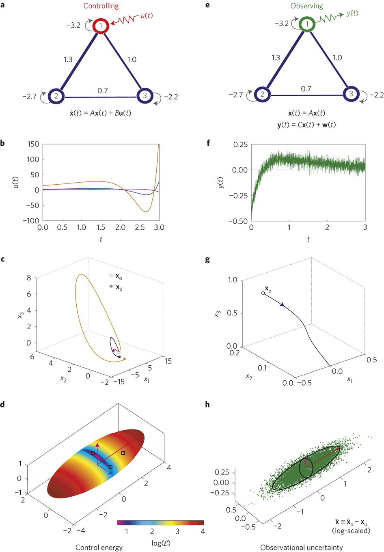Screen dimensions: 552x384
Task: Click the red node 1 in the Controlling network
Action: pos(100,26)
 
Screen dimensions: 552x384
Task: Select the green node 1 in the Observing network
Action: pos(307,24)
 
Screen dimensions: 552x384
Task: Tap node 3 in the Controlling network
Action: pos(145,96)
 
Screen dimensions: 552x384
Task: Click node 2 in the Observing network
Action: pos(262,94)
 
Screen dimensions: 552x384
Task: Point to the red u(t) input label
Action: pos(147,16)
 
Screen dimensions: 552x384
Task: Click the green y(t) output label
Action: pos(352,13)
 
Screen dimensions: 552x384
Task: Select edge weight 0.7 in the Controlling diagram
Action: pos(103,91)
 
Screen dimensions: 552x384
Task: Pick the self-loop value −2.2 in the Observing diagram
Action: pos(376,95)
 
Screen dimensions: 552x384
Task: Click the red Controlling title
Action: pos(101,6)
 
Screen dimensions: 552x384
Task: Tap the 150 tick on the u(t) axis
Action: pos(33,144)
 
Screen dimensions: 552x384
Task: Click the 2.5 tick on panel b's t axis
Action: pos(140,228)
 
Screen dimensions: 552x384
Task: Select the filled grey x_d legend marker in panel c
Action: pos(111,286)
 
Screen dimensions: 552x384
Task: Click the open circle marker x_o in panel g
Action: pos(263,293)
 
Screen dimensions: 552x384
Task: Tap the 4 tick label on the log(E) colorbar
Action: pos(203,532)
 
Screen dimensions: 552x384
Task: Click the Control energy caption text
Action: pos(99,547)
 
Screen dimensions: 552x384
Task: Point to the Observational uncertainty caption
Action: pos(302,547)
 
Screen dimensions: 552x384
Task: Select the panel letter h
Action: pos(207,405)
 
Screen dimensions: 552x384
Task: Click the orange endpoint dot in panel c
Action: pos(124,359)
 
